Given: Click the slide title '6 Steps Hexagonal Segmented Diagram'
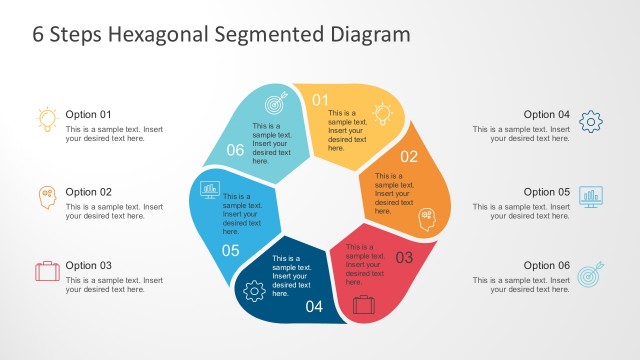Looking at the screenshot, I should point(221,34).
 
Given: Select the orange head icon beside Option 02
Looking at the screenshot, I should point(47,197).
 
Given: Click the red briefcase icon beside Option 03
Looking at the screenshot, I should point(47,271).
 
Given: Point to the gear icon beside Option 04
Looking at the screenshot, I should point(591,122).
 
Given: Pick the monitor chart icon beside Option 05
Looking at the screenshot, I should point(591,196).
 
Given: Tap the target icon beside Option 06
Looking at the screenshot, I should point(591,272).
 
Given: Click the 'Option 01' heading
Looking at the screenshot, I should point(89,114).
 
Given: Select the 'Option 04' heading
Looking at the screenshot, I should point(547,114).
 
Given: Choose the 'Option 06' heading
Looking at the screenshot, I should point(547,265).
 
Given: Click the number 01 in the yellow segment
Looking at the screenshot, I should point(320,100).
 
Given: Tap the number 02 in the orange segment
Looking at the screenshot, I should point(409,156).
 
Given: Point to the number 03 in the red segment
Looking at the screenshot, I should point(404,257).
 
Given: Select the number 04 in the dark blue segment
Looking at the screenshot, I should point(314,306).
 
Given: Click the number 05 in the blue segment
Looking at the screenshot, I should point(231,250).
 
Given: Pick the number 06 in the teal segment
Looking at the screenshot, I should point(235,150).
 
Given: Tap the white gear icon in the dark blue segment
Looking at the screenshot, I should point(253,291).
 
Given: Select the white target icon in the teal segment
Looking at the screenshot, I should point(274,103).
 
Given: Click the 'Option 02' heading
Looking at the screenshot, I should point(89,191).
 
